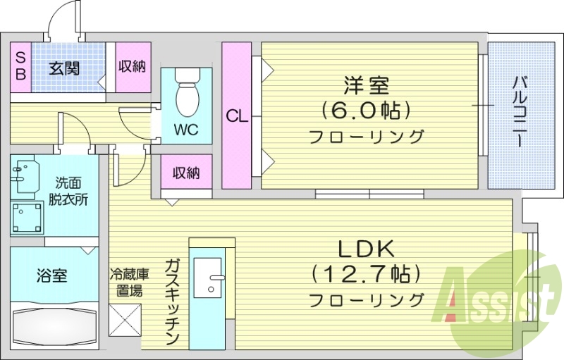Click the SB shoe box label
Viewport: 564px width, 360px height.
(x=20, y=67)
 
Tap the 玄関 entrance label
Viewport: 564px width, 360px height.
(x=63, y=68)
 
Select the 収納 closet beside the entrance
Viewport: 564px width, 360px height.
(x=132, y=67)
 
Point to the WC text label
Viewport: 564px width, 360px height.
(x=186, y=130)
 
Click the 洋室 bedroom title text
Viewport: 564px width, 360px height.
(x=367, y=86)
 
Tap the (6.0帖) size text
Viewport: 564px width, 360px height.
(x=366, y=111)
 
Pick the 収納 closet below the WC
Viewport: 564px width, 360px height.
(x=185, y=173)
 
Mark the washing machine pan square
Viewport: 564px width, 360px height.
(x=27, y=218)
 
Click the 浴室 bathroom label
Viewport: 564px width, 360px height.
(x=51, y=275)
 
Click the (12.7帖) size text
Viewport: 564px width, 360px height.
(x=366, y=273)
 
